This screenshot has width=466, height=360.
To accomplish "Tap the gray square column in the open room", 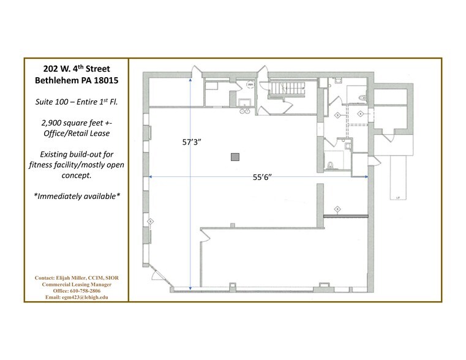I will (235, 157).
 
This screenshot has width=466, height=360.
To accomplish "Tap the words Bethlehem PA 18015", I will (76, 80).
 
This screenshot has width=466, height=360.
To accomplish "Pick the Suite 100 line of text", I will (76, 101).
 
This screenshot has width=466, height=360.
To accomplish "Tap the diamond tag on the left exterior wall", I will (150, 220).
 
